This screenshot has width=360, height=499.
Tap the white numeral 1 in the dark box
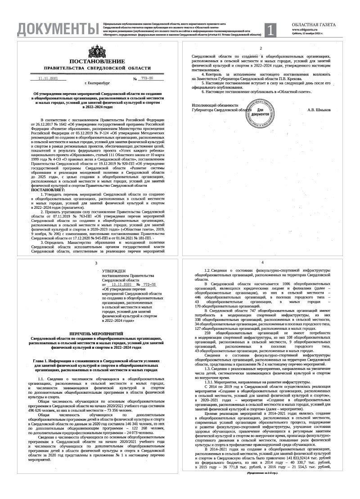(x=270, y=30)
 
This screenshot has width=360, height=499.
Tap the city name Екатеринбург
(x=99, y=83)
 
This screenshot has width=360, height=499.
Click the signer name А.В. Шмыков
(x=319, y=109)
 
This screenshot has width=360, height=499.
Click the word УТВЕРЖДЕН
(x=112, y=270)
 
